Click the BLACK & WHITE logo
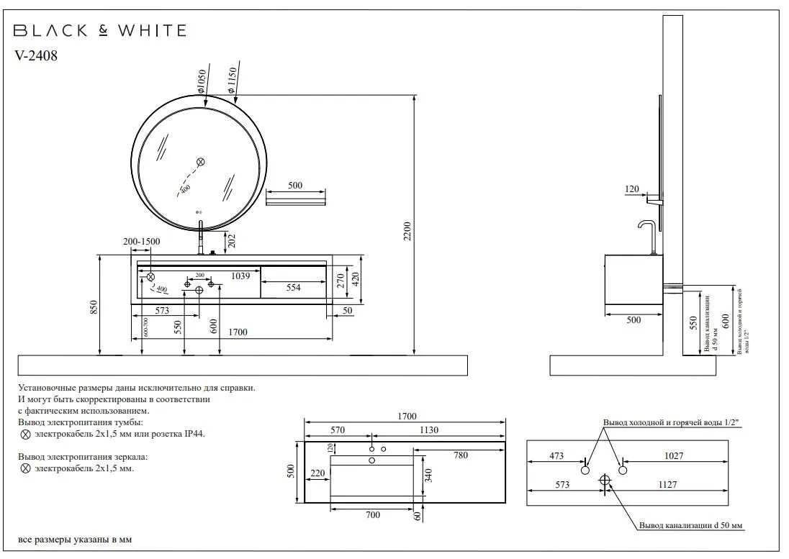[x=100, y=30]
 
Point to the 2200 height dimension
[x=407, y=230]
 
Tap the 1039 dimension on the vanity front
[x=240, y=276]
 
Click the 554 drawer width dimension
[x=293, y=288]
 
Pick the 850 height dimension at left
[x=94, y=307]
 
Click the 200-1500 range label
[x=141, y=242]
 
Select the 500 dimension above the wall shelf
[x=295, y=186]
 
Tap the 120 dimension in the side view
[x=632, y=189]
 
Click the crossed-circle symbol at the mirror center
[x=201, y=161]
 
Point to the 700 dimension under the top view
[x=372, y=516]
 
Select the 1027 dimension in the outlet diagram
[x=674, y=455]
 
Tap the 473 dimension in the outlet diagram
[x=556, y=455]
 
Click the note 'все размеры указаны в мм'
[x=75, y=540]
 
